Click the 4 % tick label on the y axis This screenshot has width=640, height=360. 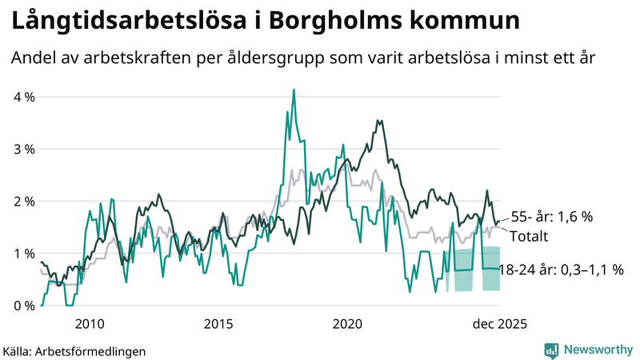click(22, 97)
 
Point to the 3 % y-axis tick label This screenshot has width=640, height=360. click(22, 149)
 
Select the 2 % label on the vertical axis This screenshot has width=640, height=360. click(22, 201)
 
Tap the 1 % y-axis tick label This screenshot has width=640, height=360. click(22, 254)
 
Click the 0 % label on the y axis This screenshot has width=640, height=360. click(22, 306)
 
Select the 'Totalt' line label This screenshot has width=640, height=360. click(530, 237)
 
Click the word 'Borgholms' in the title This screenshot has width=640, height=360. click(343, 22)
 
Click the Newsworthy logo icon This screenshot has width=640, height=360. click(551, 350)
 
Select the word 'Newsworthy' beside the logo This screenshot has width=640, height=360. click(597, 350)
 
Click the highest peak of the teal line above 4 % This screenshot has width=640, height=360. click(294, 90)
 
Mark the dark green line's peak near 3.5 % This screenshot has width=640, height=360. click(378, 121)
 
